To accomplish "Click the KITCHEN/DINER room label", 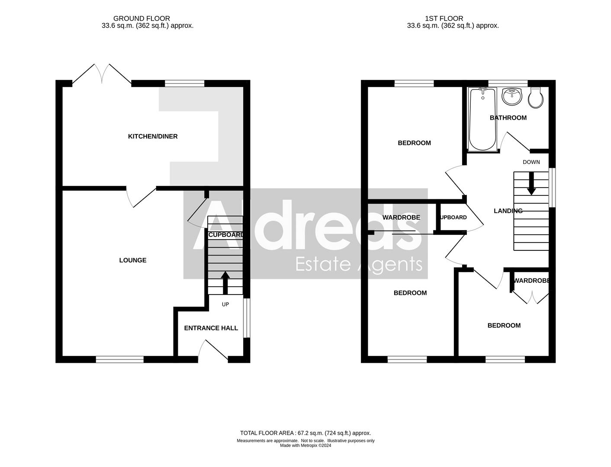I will (x=153, y=137).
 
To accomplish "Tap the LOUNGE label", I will (x=133, y=260).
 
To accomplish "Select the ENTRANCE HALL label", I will (x=211, y=328).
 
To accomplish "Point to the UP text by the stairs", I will (x=225, y=304).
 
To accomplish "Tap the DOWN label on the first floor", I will (x=531, y=162).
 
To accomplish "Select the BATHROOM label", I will (x=508, y=118).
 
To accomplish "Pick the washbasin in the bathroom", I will (x=512, y=96).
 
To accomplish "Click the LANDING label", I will (x=508, y=211).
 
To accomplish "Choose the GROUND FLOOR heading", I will (x=141, y=19).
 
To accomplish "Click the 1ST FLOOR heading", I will (x=444, y=19).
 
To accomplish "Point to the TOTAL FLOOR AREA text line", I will (x=305, y=433).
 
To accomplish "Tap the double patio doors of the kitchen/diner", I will (x=102, y=74).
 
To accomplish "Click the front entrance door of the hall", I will (x=212, y=351).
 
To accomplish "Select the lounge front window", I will (x=119, y=359).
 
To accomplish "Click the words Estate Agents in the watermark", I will (x=359, y=264).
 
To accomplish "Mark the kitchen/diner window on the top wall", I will (x=185, y=83).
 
